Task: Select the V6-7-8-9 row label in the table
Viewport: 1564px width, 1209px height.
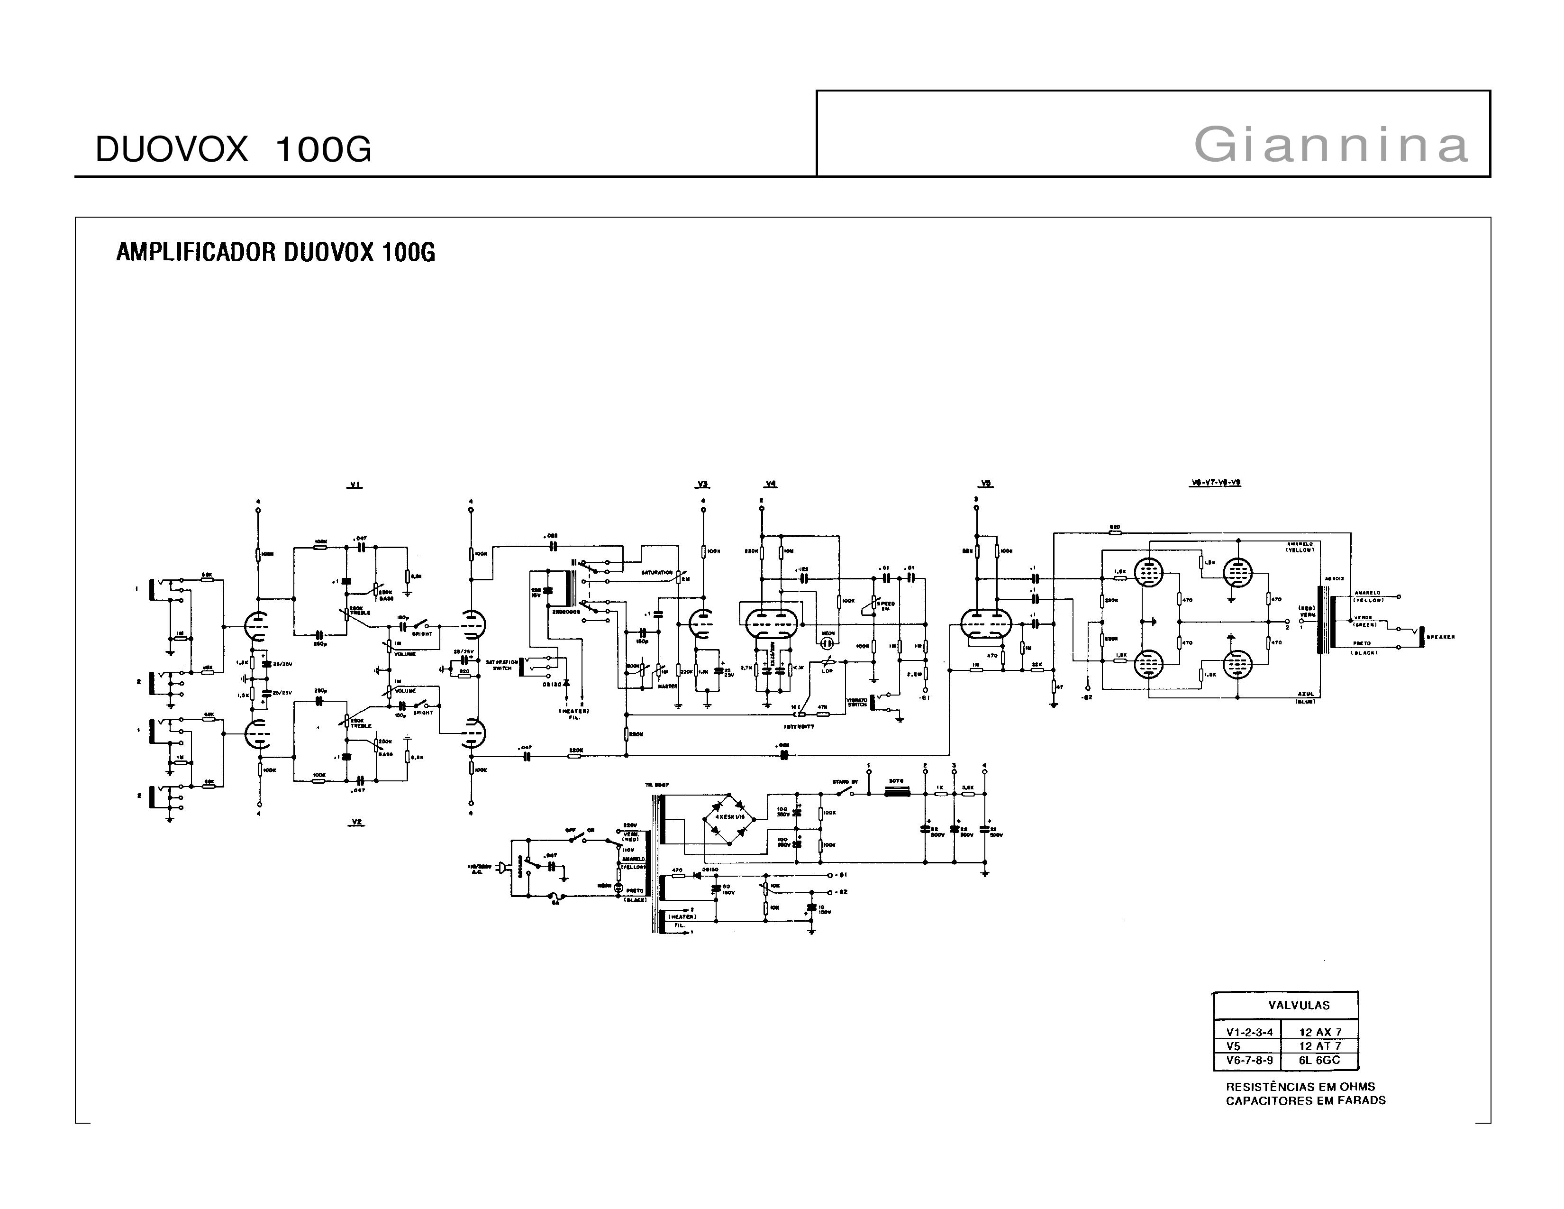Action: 1250,1060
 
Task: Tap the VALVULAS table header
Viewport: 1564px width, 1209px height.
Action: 1299,1005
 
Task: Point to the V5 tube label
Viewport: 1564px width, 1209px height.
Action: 986,484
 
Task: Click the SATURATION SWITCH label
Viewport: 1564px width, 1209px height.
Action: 501,665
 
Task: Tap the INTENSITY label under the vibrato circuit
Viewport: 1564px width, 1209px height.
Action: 799,726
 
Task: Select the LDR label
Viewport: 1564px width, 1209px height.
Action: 827,671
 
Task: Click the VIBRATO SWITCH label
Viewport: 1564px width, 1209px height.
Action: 856,702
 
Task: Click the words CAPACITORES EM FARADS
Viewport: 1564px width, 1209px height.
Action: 1305,1100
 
